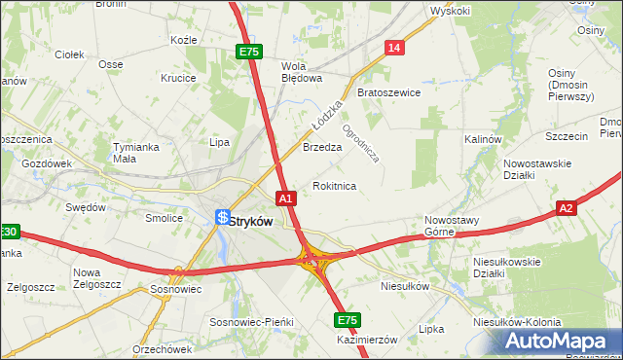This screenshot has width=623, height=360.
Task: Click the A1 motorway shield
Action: click(x=285, y=198)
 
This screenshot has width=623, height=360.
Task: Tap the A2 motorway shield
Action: click(x=568, y=207)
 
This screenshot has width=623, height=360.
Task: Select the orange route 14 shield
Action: click(x=393, y=48)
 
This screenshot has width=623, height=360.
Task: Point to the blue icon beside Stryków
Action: click(x=223, y=219)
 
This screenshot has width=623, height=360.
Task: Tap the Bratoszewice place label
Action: click(x=388, y=92)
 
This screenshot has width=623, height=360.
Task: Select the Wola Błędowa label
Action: click(x=301, y=72)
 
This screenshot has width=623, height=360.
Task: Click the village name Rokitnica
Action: click(x=334, y=185)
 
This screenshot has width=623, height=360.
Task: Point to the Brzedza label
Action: click(x=321, y=148)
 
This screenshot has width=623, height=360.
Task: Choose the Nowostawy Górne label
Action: click(x=452, y=226)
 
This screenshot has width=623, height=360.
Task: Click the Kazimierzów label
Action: click(x=367, y=340)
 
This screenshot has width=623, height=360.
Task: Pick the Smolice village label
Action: click(x=165, y=218)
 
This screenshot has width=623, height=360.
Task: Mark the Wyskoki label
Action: click(x=450, y=11)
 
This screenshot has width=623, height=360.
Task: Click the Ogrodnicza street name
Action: click(x=359, y=140)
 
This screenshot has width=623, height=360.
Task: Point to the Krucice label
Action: click(x=178, y=78)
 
